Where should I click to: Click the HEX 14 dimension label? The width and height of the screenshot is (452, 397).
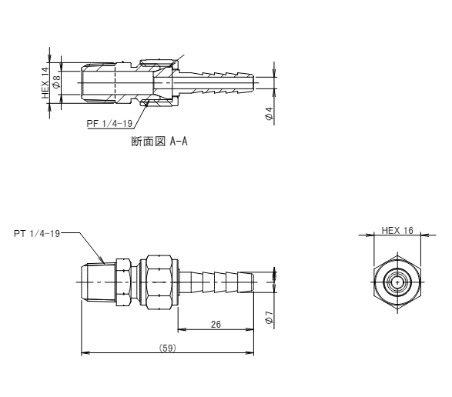pyautogui.click(x=45, y=82)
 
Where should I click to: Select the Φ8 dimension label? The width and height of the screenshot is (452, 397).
pyautogui.click(x=56, y=81)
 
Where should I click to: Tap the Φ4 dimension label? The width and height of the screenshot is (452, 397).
pyautogui.click(x=269, y=113)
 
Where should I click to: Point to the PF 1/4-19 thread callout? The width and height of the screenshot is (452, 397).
pyautogui.click(x=109, y=124)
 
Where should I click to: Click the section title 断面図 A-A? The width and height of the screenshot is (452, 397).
pyautogui.click(x=159, y=142)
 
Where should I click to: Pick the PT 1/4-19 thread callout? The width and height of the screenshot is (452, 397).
pyautogui.click(x=37, y=233)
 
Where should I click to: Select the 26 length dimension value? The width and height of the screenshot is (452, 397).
pyautogui.click(x=216, y=325)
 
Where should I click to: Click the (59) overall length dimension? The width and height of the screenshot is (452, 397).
pyautogui.click(x=168, y=348)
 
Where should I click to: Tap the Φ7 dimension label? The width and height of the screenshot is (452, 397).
pyautogui.click(x=269, y=317)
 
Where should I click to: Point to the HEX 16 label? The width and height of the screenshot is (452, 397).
pyautogui.click(x=397, y=231)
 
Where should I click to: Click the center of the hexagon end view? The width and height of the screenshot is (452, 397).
pyautogui.click(x=397, y=282)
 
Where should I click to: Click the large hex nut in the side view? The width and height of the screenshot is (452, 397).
pyautogui.click(x=159, y=282)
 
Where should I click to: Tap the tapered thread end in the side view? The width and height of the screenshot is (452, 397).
pyautogui.click(x=99, y=282)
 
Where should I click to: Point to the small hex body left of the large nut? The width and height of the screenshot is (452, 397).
pyautogui.click(x=123, y=282)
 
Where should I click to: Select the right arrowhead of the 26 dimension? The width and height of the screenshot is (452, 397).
pyautogui.click(x=251, y=329)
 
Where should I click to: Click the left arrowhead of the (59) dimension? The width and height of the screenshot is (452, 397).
pyautogui.click(x=85, y=352)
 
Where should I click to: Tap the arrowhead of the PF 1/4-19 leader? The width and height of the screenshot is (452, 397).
pyautogui.click(x=146, y=103)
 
